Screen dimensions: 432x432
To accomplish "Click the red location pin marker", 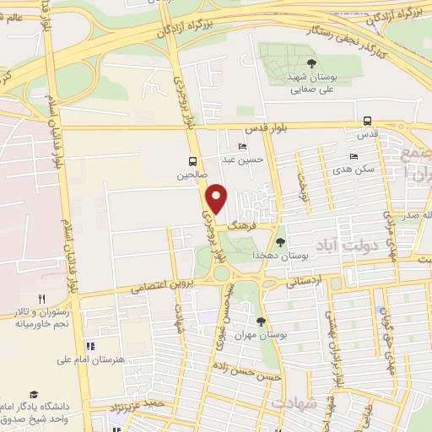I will point(218,198).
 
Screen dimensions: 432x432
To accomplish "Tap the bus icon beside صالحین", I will point(193,161).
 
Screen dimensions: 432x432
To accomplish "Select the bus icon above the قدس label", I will point(367,120).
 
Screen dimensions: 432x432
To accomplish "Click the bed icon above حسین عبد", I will point(243,146).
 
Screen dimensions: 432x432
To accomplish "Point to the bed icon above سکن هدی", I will point(354,156).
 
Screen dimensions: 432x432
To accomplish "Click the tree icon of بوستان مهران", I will point(261,321).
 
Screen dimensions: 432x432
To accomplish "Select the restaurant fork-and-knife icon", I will point(41,299).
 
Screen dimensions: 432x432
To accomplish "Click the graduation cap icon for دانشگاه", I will point(34,394).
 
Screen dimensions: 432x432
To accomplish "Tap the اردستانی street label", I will point(303,282).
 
